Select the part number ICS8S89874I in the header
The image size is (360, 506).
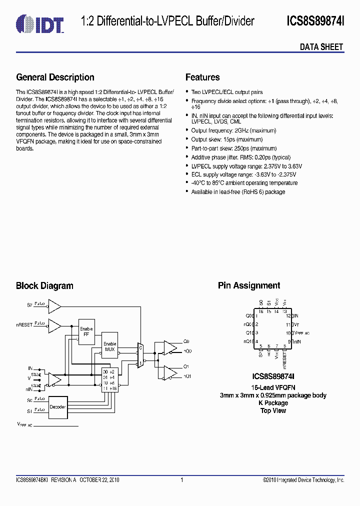pyautogui.click(x=315, y=21)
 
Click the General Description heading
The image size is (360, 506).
pyautogui.click(x=55, y=77)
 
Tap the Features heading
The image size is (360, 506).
pyautogui.click(x=202, y=77)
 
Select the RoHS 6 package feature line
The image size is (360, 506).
pyautogui.click(x=238, y=192)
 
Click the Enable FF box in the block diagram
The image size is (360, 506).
pyautogui.click(x=86, y=331)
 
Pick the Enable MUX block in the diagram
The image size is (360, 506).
pyautogui.click(x=109, y=346)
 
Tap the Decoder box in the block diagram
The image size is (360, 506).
pyautogui.click(x=57, y=406)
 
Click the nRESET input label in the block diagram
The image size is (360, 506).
pyautogui.click(x=24, y=324)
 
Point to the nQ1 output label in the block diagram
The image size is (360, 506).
pyautogui.click(x=187, y=375)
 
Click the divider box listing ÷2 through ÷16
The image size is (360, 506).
pyautogui.click(x=109, y=380)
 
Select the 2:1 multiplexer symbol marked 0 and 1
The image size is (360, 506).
pyautogui.click(x=140, y=355)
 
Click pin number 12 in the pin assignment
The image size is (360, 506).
pyautogui.click(x=288, y=316)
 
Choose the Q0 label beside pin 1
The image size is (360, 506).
pyautogui.click(x=249, y=316)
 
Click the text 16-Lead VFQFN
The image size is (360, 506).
pyautogui.click(x=273, y=387)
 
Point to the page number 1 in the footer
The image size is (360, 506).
pyautogui.click(x=181, y=480)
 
